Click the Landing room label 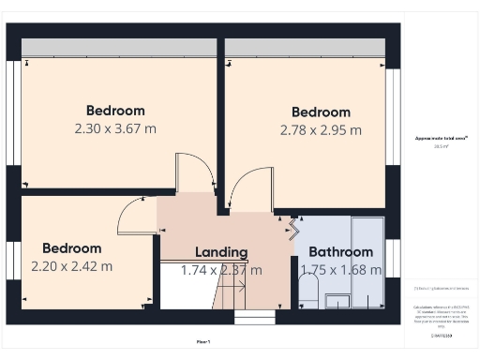(221, 252)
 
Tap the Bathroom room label (340, 252)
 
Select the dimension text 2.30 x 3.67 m (115, 129)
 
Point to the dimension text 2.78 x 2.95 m (321, 130)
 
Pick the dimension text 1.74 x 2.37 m (221, 270)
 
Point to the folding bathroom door (292, 228)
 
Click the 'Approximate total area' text (441, 138)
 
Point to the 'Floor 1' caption (203, 341)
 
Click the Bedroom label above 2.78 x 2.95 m (321, 112)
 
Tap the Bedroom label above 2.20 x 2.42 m (71, 248)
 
